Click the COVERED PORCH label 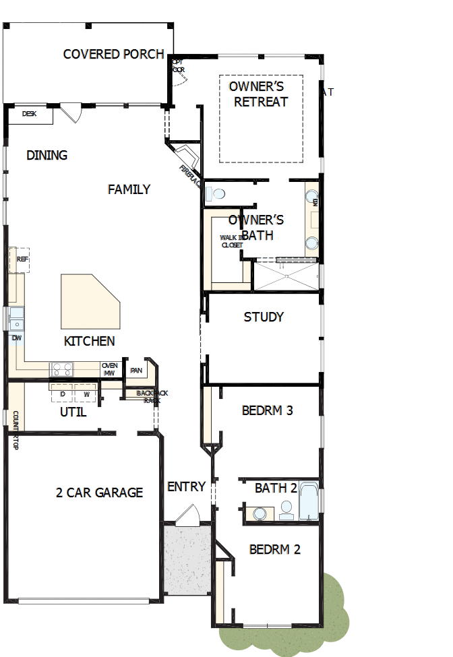(113, 54)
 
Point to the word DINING (47, 155)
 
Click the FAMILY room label (129, 189)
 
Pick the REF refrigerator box (21, 259)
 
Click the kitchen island (89, 300)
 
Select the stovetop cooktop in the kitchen (63, 369)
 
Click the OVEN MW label (109, 369)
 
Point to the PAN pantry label (137, 370)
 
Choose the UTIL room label (73, 412)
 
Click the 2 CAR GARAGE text (99, 493)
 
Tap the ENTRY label (186, 487)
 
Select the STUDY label (264, 317)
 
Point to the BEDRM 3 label (267, 410)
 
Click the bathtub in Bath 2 (309, 501)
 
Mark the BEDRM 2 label (274, 549)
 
